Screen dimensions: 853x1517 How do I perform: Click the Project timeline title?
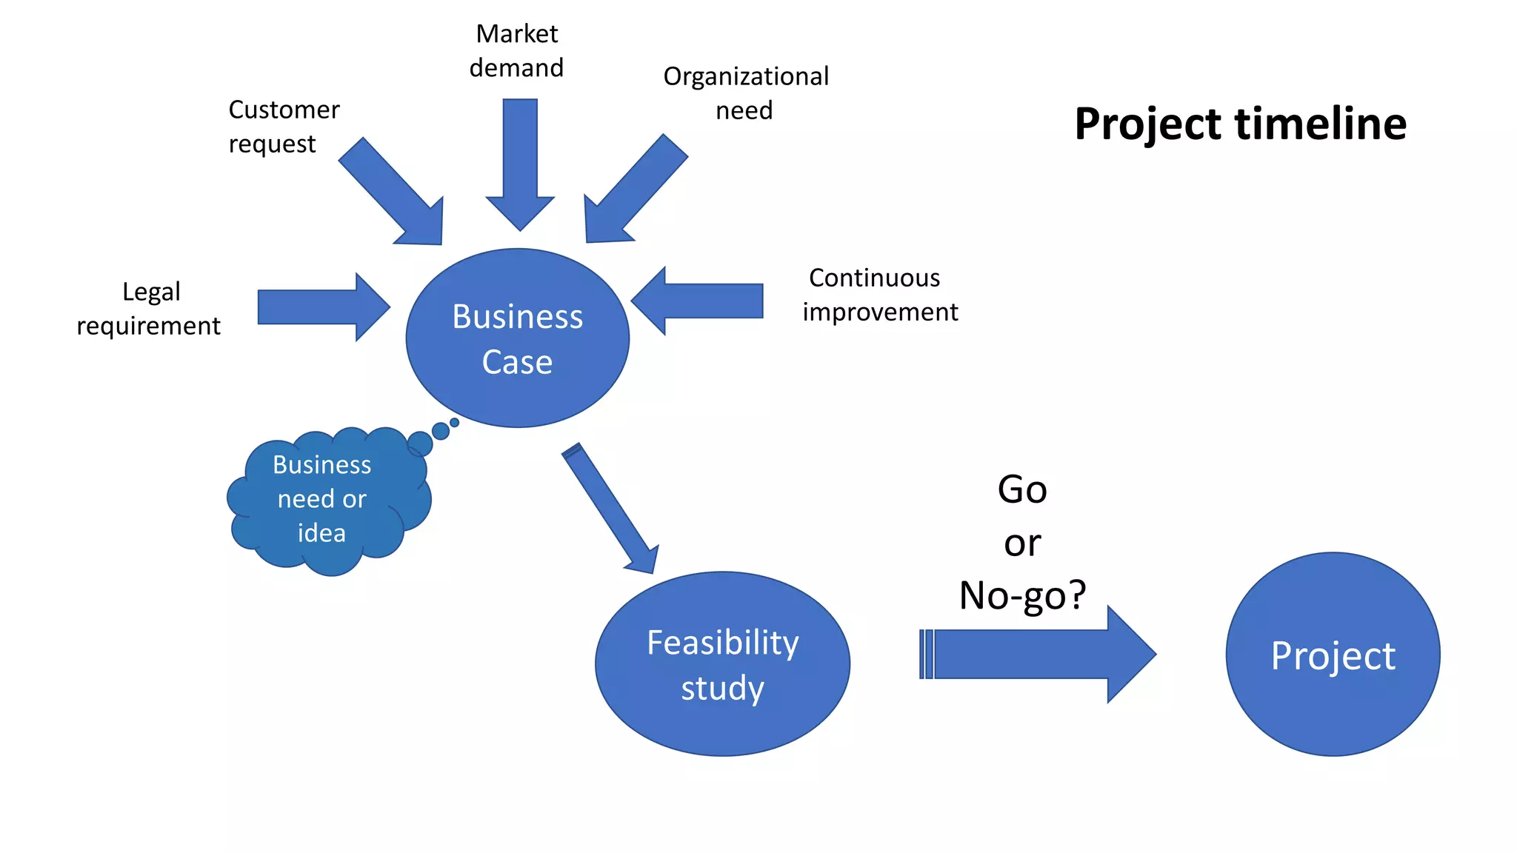coord(1240,124)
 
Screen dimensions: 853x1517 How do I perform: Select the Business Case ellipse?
coord(517,338)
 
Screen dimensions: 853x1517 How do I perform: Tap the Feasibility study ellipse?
coord(722,664)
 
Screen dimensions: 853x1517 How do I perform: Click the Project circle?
coord(1333,655)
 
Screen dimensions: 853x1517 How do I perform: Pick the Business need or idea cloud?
coord(322,500)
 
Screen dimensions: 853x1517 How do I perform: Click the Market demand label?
coord(517,50)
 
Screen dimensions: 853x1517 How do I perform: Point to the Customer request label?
coord(283,127)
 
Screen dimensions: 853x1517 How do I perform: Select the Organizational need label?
coord(745,93)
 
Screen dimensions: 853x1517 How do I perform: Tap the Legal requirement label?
coord(149,309)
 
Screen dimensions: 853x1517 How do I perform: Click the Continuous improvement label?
coord(879,295)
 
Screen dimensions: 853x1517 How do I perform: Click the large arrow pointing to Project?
coord(1037,655)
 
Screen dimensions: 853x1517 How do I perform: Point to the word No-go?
coord(1022,595)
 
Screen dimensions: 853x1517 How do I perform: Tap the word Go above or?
coord(1022,489)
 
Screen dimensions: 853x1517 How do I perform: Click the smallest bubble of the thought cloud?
coord(455,422)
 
